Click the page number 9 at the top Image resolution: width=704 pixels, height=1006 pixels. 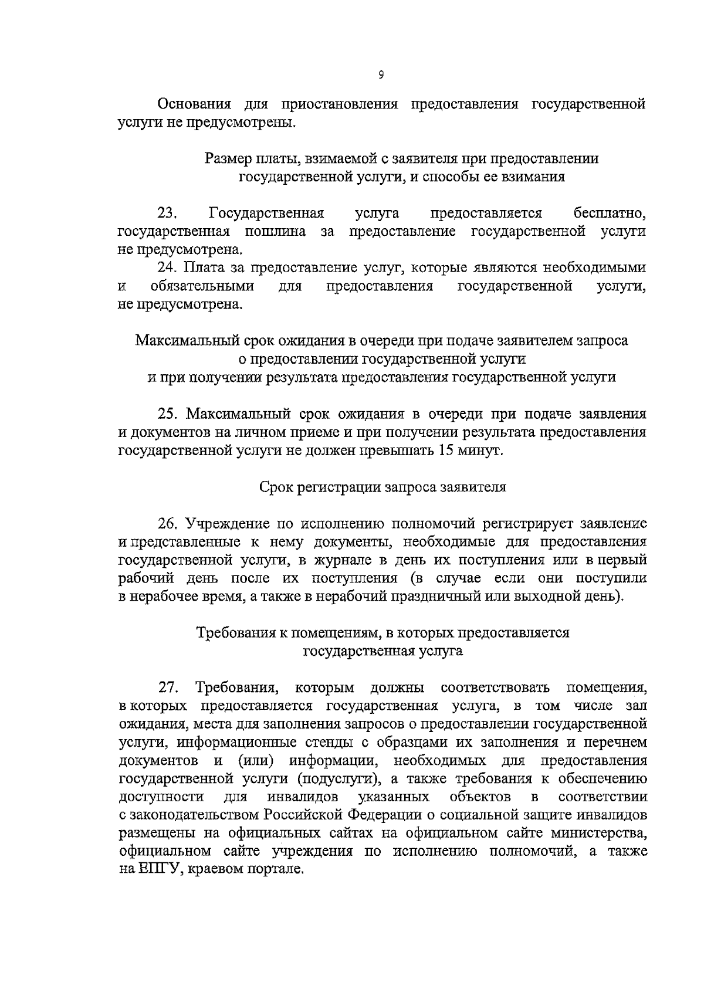tap(381, 74)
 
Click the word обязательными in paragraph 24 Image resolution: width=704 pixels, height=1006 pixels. tap(202, 286)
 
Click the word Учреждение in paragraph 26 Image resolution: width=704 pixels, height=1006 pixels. tap(226, 523)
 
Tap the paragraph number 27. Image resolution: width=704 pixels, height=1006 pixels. tap(167, 687)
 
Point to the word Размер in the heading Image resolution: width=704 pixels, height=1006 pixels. tap(228, 158)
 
